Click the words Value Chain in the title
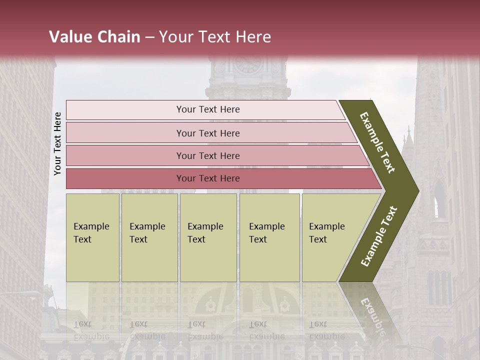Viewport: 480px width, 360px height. pyautogui.click(x=94, y=37)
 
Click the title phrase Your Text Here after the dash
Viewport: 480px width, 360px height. pyautogui.click(x=215, y=37)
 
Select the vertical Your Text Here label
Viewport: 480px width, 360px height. pyautogui.click(x=57, y=143)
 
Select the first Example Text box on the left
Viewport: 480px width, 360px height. pyautogui.click(x=92, y=237)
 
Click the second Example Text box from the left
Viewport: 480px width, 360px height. pyautogui.click(x=149, y=237)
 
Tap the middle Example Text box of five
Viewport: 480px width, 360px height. pyautogui.click(x=208, y=237)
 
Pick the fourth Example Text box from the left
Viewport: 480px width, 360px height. pyautogui.click(x=269, y=237)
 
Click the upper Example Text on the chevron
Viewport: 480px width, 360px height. pyautogui.click(x=377, y=142)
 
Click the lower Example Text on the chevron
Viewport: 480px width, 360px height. pyautogui.click(x=378, y=236)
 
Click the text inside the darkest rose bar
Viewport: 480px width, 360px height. pyautogui.click(x=208, y=178)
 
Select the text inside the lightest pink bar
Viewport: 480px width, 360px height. pyautogui.click(x=208, y=109)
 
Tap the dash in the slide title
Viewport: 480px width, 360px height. pyautogui.click(x=149, y=37)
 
